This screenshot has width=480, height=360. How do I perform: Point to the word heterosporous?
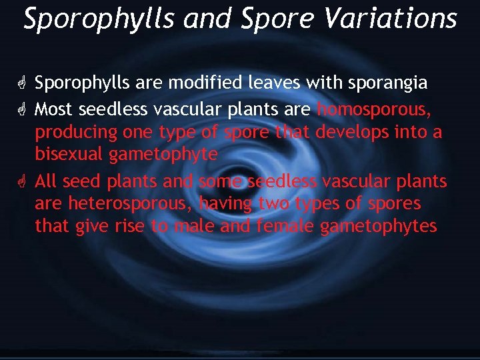(x=127, y=203)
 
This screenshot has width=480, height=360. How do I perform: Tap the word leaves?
(x=275, y=83)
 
